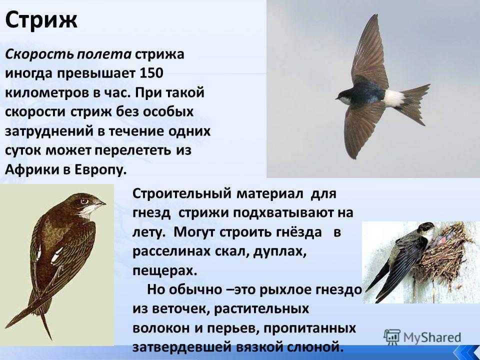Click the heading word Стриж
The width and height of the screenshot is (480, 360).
41,20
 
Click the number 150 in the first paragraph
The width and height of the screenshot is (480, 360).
151,73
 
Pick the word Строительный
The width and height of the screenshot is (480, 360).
181,194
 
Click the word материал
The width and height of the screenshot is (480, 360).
270,194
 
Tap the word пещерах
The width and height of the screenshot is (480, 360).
164,271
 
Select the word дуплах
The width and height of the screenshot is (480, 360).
281,251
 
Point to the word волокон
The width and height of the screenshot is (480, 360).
160,328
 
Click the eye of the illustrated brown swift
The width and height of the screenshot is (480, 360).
84,201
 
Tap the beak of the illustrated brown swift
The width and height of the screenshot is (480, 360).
100,203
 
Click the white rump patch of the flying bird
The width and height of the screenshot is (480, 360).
393,98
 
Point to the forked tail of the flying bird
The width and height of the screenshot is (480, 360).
415,102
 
